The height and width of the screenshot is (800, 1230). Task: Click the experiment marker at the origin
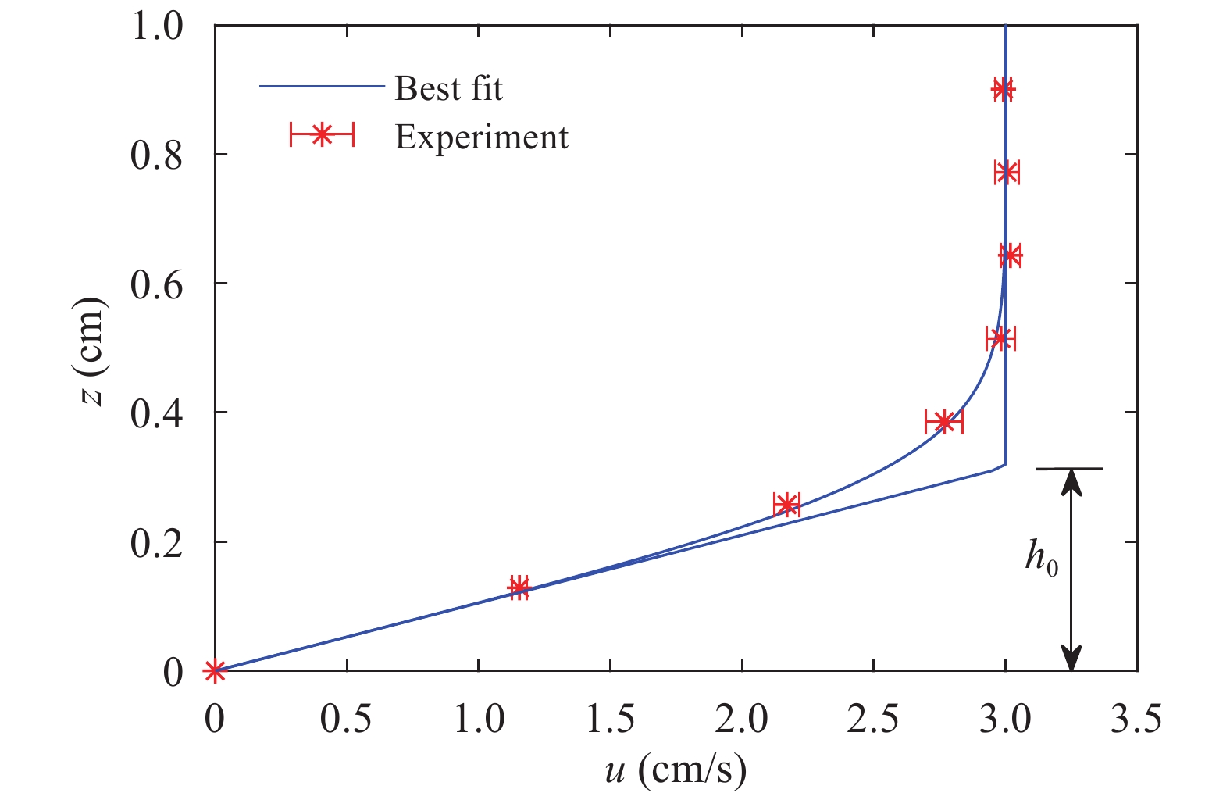pos(215,670)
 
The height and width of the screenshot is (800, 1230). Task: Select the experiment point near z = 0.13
pos(519,587)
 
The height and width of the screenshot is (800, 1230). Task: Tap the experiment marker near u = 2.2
pos(786,504)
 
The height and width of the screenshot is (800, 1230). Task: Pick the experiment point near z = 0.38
pos(944,422)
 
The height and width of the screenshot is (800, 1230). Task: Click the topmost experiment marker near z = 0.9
pos(1003,90)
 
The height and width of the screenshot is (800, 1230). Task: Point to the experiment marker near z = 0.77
pos(1007,172)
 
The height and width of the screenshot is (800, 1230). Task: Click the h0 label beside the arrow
pos(1042,559)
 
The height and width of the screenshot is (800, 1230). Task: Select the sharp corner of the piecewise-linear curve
pos(1005,464)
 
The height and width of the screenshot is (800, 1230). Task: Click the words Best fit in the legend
pos(448,88)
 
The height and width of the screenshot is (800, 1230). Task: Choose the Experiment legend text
pos(481,137)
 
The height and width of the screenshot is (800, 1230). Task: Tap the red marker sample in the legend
pos(322,136)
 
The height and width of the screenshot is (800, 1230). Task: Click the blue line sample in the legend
pos(322,87)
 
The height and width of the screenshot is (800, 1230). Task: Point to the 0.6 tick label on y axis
pos(157,284)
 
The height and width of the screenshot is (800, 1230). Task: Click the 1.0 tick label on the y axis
pos(157,27)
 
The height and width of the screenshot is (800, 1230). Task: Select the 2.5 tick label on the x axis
pos(873,720)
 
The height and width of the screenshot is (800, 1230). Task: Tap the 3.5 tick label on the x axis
pos(1136,720)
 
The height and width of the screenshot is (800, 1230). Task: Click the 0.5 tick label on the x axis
pos(346,720)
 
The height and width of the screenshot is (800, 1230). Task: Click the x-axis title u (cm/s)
pos(676,771)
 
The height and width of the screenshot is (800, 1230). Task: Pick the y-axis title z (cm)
pos(92,352)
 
